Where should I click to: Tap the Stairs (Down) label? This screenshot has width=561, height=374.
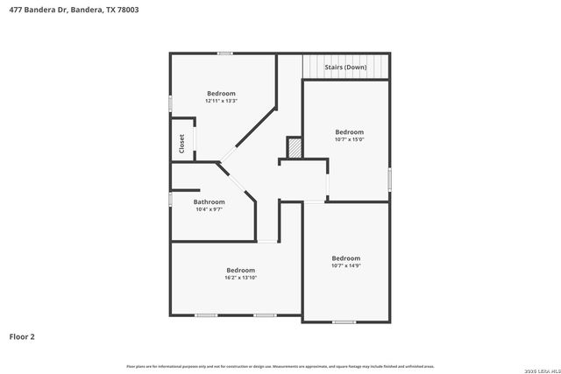pos(346,67)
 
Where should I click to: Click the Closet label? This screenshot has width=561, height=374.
pos(181,144)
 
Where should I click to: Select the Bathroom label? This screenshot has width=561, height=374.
pos(209,202)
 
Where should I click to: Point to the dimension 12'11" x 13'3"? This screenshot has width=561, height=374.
pos(221,101)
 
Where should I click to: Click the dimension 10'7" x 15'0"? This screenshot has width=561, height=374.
pos(349,139)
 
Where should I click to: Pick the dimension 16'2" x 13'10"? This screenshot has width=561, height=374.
pos(240,278)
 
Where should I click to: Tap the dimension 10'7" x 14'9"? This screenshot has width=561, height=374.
pos(345,265)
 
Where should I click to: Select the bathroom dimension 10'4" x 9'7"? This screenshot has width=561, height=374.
pos(209,209)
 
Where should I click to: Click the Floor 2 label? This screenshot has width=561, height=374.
pos(22,336)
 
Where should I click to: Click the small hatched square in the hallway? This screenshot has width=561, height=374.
pos(295,148)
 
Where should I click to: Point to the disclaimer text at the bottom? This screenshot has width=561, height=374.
pos(280,366)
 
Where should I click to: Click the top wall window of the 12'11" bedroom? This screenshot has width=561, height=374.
pos(225,53)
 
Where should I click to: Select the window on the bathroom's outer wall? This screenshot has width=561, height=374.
pos(170,199)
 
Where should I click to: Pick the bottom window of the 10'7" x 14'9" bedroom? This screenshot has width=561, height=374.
pos(344,322)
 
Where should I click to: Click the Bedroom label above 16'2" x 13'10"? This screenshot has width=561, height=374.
pos(240,270)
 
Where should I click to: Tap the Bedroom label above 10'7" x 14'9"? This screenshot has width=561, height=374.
pos(345,258)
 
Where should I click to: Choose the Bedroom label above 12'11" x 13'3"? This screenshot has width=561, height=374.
pos(221,94)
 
